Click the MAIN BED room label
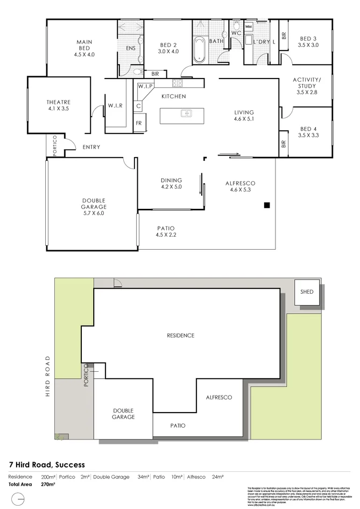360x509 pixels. point(84,48)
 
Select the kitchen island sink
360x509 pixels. point(186,114)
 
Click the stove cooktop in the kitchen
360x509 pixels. point(177,83)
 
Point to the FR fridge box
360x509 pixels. point(138,123)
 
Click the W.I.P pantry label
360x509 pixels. point(145,87)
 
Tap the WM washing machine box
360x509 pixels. point(249,26)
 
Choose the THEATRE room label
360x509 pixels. point(58,105)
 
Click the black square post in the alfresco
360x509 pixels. point(266,205)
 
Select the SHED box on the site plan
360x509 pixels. point(307,292)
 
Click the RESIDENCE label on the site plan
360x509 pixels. point(180,335)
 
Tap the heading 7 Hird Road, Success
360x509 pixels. point(47,464)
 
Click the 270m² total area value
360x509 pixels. point(48,484)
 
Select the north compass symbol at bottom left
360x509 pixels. point(18,500)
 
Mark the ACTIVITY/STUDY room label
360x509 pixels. point(307,86)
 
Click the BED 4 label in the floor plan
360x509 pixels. point(307,133)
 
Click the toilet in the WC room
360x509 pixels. point(236,26)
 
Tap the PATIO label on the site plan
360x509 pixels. point(178,426)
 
